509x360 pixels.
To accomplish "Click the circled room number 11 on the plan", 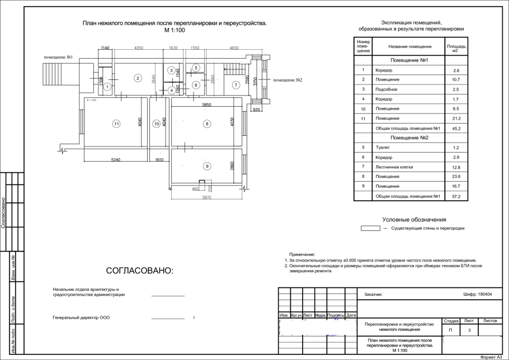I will pos(116,124).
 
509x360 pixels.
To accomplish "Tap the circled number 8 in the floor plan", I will pos(206,124).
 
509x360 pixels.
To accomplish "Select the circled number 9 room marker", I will pos(206,165).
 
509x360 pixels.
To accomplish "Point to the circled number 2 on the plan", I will pos(137,78).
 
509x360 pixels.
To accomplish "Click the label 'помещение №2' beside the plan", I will pos(288,80).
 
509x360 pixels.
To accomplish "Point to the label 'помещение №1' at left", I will pos(58,58).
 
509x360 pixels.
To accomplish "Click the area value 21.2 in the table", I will pos(456,119).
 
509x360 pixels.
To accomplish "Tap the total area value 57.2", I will pos(456,196).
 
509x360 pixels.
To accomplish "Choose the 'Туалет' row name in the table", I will pos(383,148).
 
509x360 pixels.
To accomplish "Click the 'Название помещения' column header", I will pos(409,47).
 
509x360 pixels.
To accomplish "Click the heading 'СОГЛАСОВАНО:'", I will pos(140,271).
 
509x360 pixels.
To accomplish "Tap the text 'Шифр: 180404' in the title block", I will pos(478,294).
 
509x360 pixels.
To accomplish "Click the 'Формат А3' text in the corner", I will pos(493,357).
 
